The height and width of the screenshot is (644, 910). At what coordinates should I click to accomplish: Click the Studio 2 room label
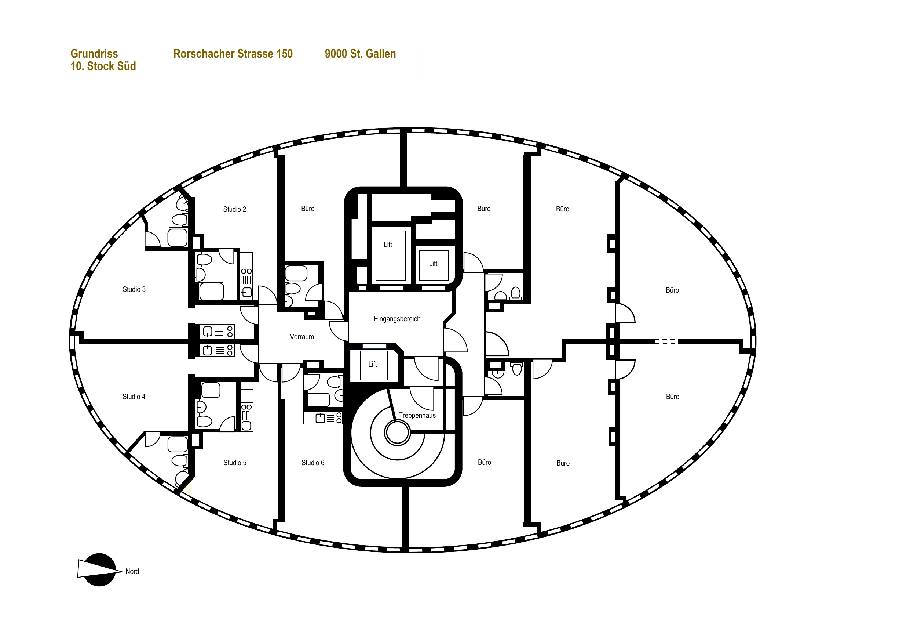point(235,209)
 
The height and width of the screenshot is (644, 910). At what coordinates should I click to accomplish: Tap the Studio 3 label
point(134,289)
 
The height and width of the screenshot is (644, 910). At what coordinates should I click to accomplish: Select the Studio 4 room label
point(134,397)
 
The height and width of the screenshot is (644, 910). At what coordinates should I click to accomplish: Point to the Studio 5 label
point(235,463)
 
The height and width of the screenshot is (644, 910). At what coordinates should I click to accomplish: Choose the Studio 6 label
point(313,463)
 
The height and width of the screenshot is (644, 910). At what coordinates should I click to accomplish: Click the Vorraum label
point(301,337)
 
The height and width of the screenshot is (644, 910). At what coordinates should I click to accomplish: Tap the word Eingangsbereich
point(397,319)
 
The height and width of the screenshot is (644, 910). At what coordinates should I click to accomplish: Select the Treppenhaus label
point(417,416)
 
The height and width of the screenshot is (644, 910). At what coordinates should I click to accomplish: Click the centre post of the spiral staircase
point(397,433)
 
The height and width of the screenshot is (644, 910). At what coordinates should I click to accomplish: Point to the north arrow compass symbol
point(99,570)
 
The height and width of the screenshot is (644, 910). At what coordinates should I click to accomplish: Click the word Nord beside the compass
point(132,571)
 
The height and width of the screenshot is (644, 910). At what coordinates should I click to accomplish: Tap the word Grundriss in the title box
point(94,54)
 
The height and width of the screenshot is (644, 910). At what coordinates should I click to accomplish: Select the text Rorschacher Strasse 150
point(233,54)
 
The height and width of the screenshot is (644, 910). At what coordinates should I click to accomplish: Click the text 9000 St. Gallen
point(360,54)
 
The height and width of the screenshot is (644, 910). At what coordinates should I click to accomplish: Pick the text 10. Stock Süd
point(103,66)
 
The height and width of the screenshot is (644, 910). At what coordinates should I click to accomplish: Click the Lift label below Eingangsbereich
point(373,364)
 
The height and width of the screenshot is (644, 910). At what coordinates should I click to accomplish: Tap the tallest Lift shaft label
point(388,245)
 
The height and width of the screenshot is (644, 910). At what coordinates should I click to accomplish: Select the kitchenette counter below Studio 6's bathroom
point(323,418)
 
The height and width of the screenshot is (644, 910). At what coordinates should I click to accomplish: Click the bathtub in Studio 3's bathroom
point(212,292)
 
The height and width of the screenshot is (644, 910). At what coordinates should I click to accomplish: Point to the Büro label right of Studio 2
point(308,209)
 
